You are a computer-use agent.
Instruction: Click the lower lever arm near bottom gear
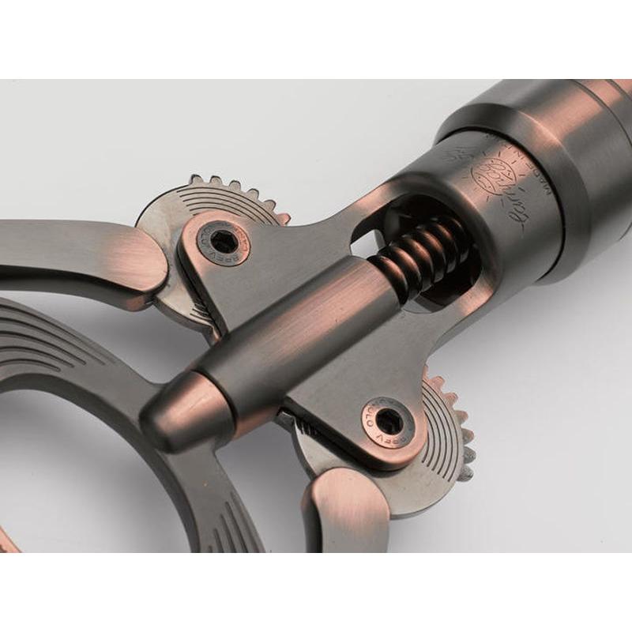coord(348,513)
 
